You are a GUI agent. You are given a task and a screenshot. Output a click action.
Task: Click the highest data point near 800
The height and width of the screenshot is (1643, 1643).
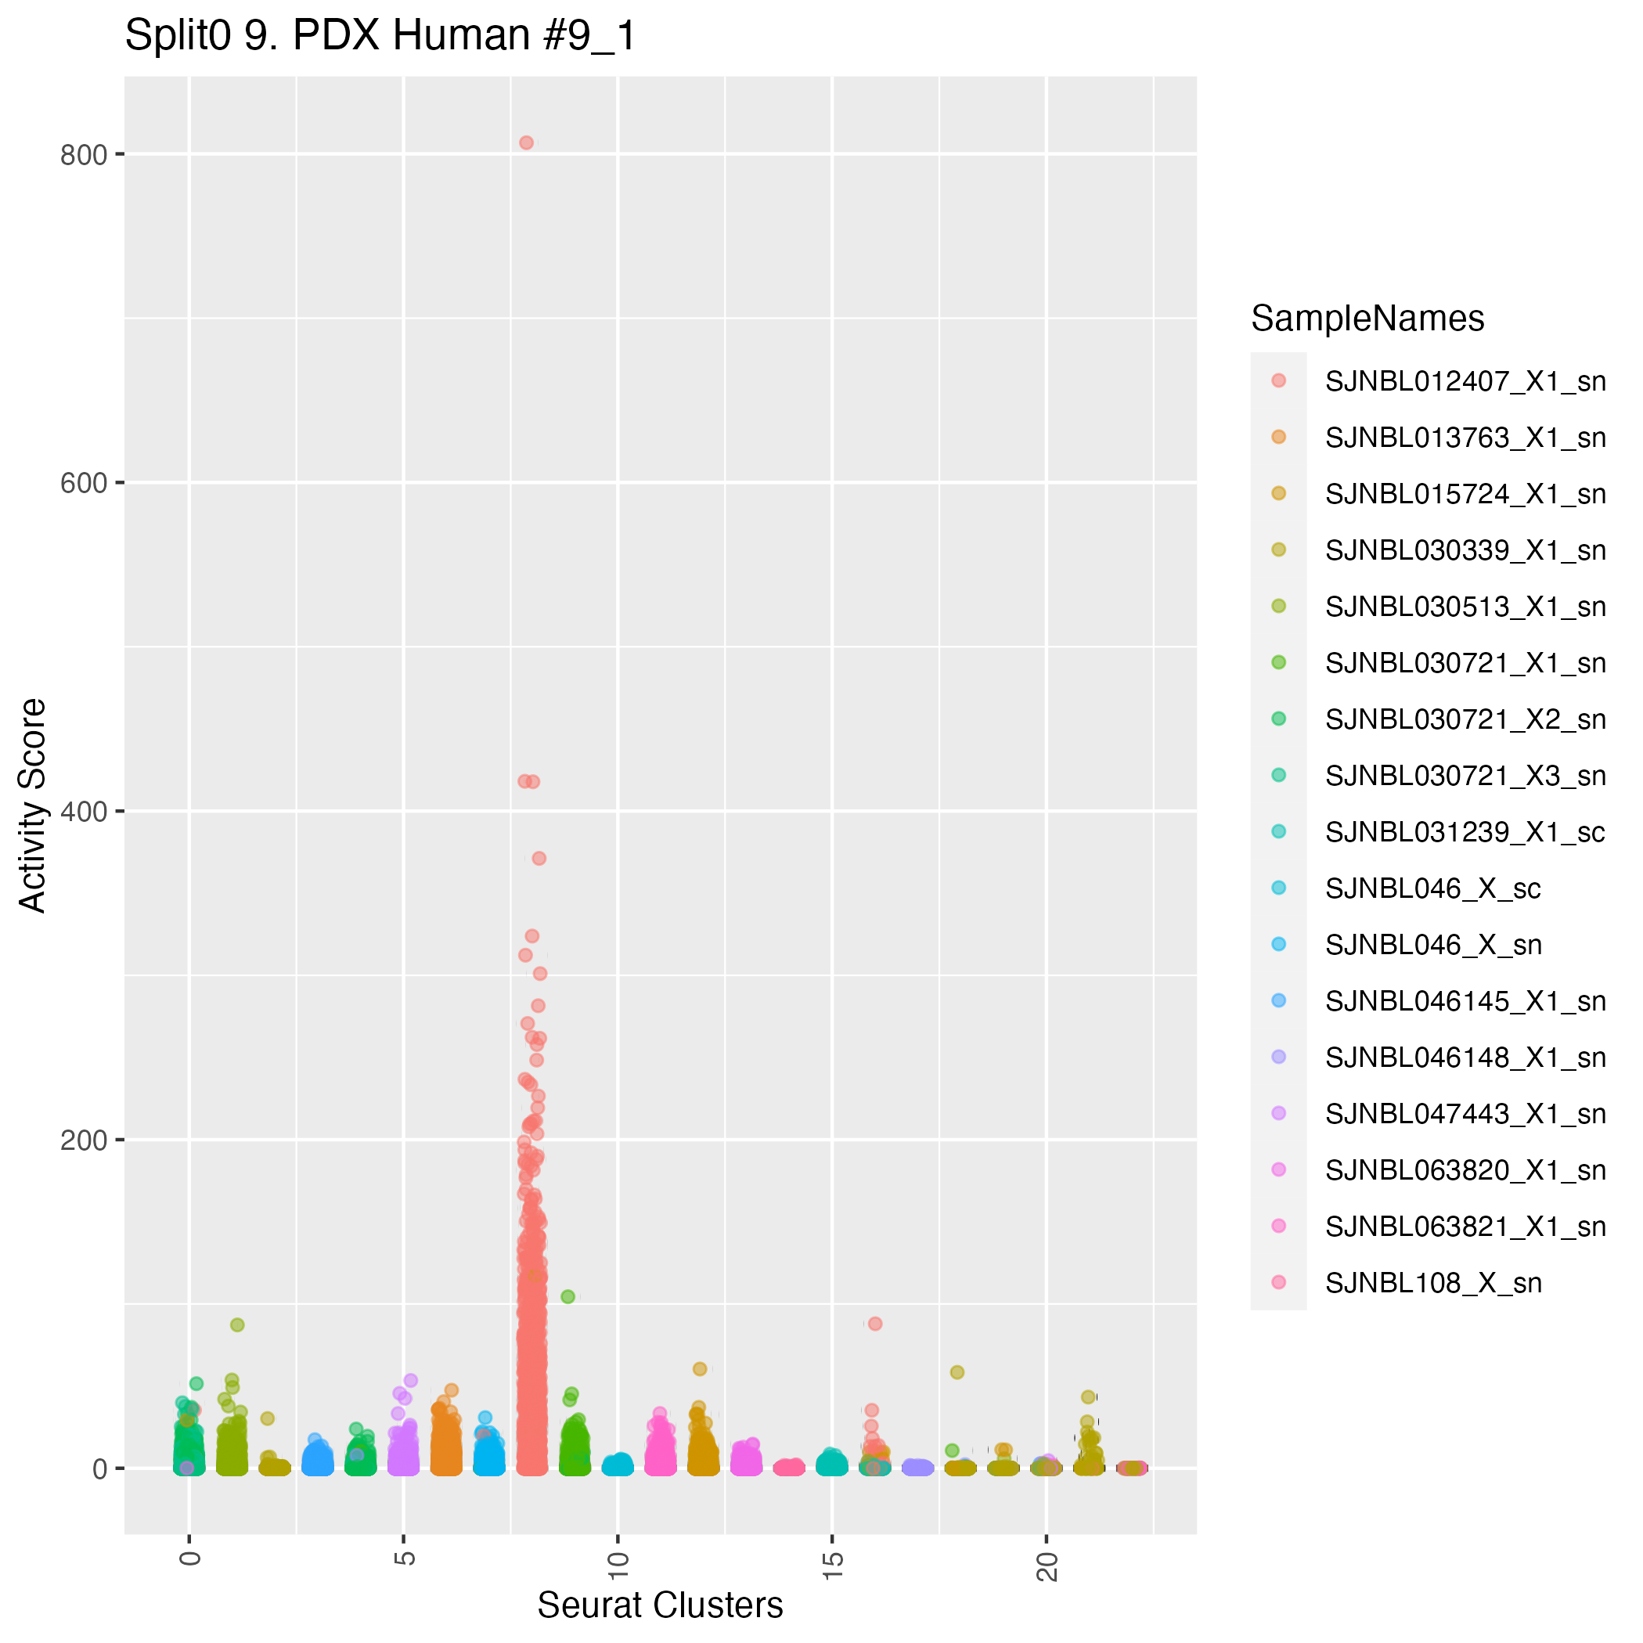527,143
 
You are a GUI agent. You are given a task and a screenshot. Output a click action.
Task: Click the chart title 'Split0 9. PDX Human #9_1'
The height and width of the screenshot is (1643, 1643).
380,37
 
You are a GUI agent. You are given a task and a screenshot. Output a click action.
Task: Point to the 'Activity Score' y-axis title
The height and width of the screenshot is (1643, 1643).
32,805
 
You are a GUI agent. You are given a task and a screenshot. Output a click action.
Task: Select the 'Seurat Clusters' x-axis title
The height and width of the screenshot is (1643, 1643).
660,1605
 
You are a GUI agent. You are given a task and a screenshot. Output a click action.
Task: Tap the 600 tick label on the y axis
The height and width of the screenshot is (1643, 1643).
83,483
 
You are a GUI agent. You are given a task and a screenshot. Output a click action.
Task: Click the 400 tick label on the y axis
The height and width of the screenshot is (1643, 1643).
83,811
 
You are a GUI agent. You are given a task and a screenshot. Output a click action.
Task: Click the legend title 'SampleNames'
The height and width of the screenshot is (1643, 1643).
1367,319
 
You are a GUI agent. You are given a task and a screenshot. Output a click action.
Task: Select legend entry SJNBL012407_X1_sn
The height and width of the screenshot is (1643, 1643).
1465,382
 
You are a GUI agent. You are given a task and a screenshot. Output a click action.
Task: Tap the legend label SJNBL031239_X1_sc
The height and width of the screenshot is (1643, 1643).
1465,833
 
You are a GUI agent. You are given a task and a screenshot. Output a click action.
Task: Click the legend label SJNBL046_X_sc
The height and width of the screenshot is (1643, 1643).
1433,888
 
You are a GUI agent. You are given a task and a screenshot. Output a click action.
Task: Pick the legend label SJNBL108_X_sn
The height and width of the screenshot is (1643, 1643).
1433,1283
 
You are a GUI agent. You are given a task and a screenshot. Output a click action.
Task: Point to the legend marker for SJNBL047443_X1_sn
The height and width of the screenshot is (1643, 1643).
1278,1113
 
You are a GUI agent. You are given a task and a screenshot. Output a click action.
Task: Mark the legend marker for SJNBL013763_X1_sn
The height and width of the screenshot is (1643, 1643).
1278,437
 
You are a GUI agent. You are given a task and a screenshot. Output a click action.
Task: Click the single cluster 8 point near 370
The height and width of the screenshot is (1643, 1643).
539,858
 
